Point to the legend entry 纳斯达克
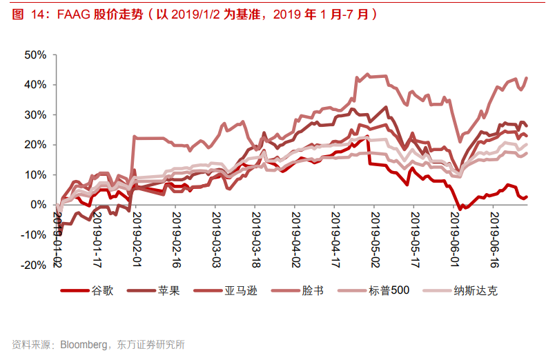coord(475,290)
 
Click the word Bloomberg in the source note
coord(84,344)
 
